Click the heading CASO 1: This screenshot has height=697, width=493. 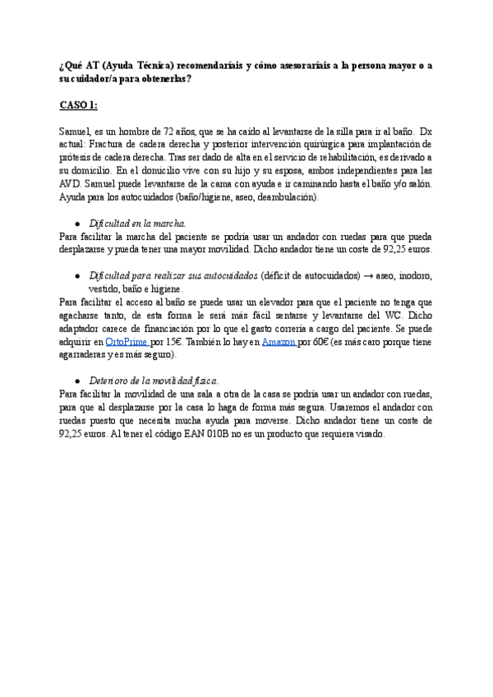(x=79, y=106)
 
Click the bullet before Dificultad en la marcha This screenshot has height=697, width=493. (x=76, y=224)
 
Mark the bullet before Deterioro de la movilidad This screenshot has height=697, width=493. (x=76, y=381)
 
